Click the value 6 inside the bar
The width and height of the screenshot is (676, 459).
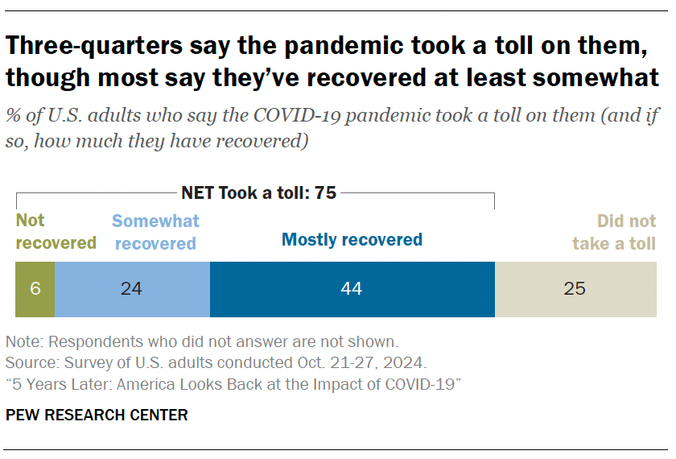[x=35, y=288]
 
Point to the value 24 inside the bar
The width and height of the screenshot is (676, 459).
[x=131, y=288]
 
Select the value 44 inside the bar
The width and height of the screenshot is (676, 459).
[x=352, y=288]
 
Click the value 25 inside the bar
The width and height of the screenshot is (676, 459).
[x=575, y=288]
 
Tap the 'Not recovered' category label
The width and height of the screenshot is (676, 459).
[x=56, y=231]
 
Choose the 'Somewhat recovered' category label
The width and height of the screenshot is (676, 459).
[x=155, y=231]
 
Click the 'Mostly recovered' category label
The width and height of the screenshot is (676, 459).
[x=352, y=239]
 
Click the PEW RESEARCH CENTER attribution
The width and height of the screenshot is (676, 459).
[x=97, y=416]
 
